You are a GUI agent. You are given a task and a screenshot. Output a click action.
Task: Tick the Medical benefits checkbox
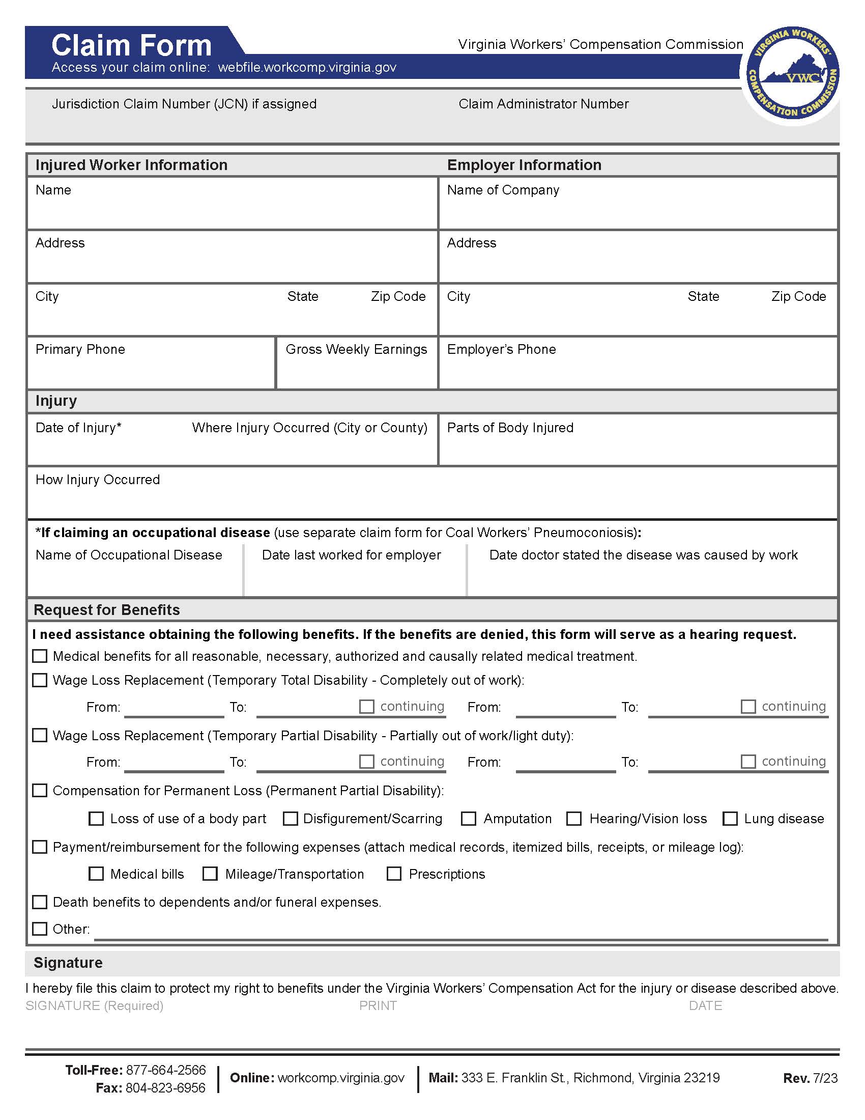pyautogui.click(x=40, y=656)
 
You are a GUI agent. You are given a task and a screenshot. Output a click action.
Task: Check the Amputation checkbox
pyautogui.click(x=468, y=819)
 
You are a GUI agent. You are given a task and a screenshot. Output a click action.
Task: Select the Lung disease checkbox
pyautogui.click(x=730, y=819)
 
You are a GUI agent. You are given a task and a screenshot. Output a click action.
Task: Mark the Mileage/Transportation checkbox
pyautogui.click(x=210, y=874)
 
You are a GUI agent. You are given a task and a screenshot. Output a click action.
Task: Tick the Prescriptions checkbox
pyautogui.click(x=393, y=874)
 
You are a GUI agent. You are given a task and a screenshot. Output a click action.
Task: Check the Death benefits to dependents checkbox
pyautogui.click(x=40, y=902)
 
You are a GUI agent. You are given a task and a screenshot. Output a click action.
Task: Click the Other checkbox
pyautogui.click(x=40, y=929)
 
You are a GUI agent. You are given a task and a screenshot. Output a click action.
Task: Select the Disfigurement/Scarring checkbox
pyautogui.click(x=290, y=819)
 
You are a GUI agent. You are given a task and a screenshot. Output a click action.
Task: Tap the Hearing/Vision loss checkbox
pyautogui.click(x=574, y=819)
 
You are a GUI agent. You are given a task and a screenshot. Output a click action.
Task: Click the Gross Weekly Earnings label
pyautogui.click(x=356, y=349)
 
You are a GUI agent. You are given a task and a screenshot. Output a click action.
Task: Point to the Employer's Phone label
pyautogui.click(x=501, y=349)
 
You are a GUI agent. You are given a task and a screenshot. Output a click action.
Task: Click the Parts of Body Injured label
pyautogui.click(x=510, y=428)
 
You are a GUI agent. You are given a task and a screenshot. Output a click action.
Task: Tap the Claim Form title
pyautogui.click(x=131, y=45)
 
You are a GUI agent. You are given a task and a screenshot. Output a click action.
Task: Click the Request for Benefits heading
pyautogui.click(x=106, y=610)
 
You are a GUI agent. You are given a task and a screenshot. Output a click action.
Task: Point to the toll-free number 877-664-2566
pyautogui.click(x=165, y=1070)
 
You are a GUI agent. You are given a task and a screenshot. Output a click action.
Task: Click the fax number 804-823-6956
pyautogui.click(x=165, y=1088)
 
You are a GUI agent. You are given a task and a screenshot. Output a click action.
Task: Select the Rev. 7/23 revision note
pyautogui.click(x=810, y=1078)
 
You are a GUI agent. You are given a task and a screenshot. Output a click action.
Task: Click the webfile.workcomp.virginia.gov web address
pyautogui.click(x=307, y=67)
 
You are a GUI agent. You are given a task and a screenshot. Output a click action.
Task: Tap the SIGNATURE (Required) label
pyautogui.click(x=94, y=1005)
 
